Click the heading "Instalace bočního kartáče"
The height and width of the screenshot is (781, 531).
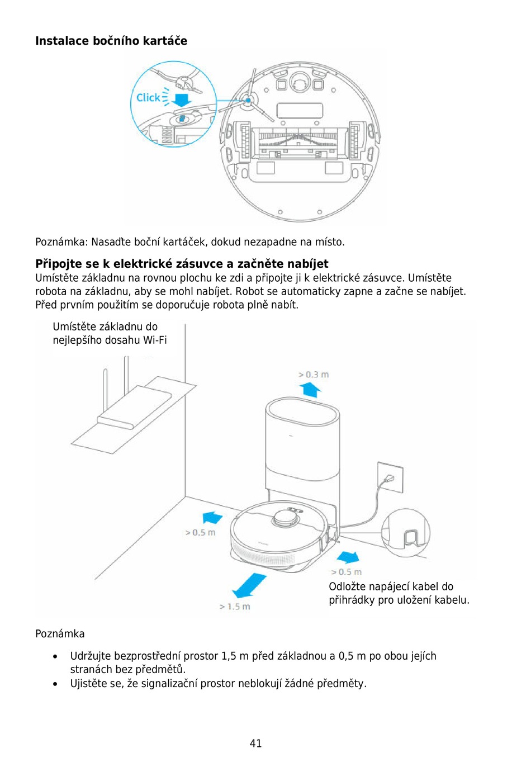point(111,41)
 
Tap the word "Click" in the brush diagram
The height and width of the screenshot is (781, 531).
point(148,98)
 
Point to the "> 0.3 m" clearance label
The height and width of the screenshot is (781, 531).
point(314,375)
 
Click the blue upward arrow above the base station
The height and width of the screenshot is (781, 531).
point(310,389)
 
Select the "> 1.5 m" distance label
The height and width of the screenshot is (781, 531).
point(235,607)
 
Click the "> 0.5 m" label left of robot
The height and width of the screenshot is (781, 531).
point(200,533)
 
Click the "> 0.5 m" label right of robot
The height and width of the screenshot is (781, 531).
point(346,572)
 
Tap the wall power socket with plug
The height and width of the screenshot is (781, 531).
point(390,477)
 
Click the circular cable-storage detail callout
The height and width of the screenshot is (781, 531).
point(406,533)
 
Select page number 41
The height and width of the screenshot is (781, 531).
point(255,744)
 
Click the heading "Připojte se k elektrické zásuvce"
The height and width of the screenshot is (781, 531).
point(182,264)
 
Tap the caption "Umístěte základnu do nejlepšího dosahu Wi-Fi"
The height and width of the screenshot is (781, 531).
point(110,333)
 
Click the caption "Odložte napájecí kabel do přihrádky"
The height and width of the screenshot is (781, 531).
point(399,593)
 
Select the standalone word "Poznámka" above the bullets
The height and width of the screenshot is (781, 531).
point(60,634)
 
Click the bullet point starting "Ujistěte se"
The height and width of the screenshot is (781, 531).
point(218,683)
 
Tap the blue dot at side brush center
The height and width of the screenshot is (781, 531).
point(248,101)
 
